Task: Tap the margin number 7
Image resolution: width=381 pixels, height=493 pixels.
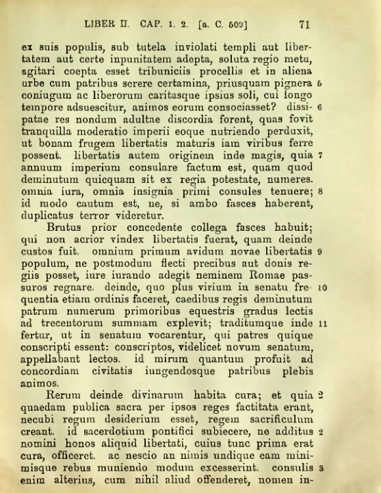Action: point(320,156)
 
